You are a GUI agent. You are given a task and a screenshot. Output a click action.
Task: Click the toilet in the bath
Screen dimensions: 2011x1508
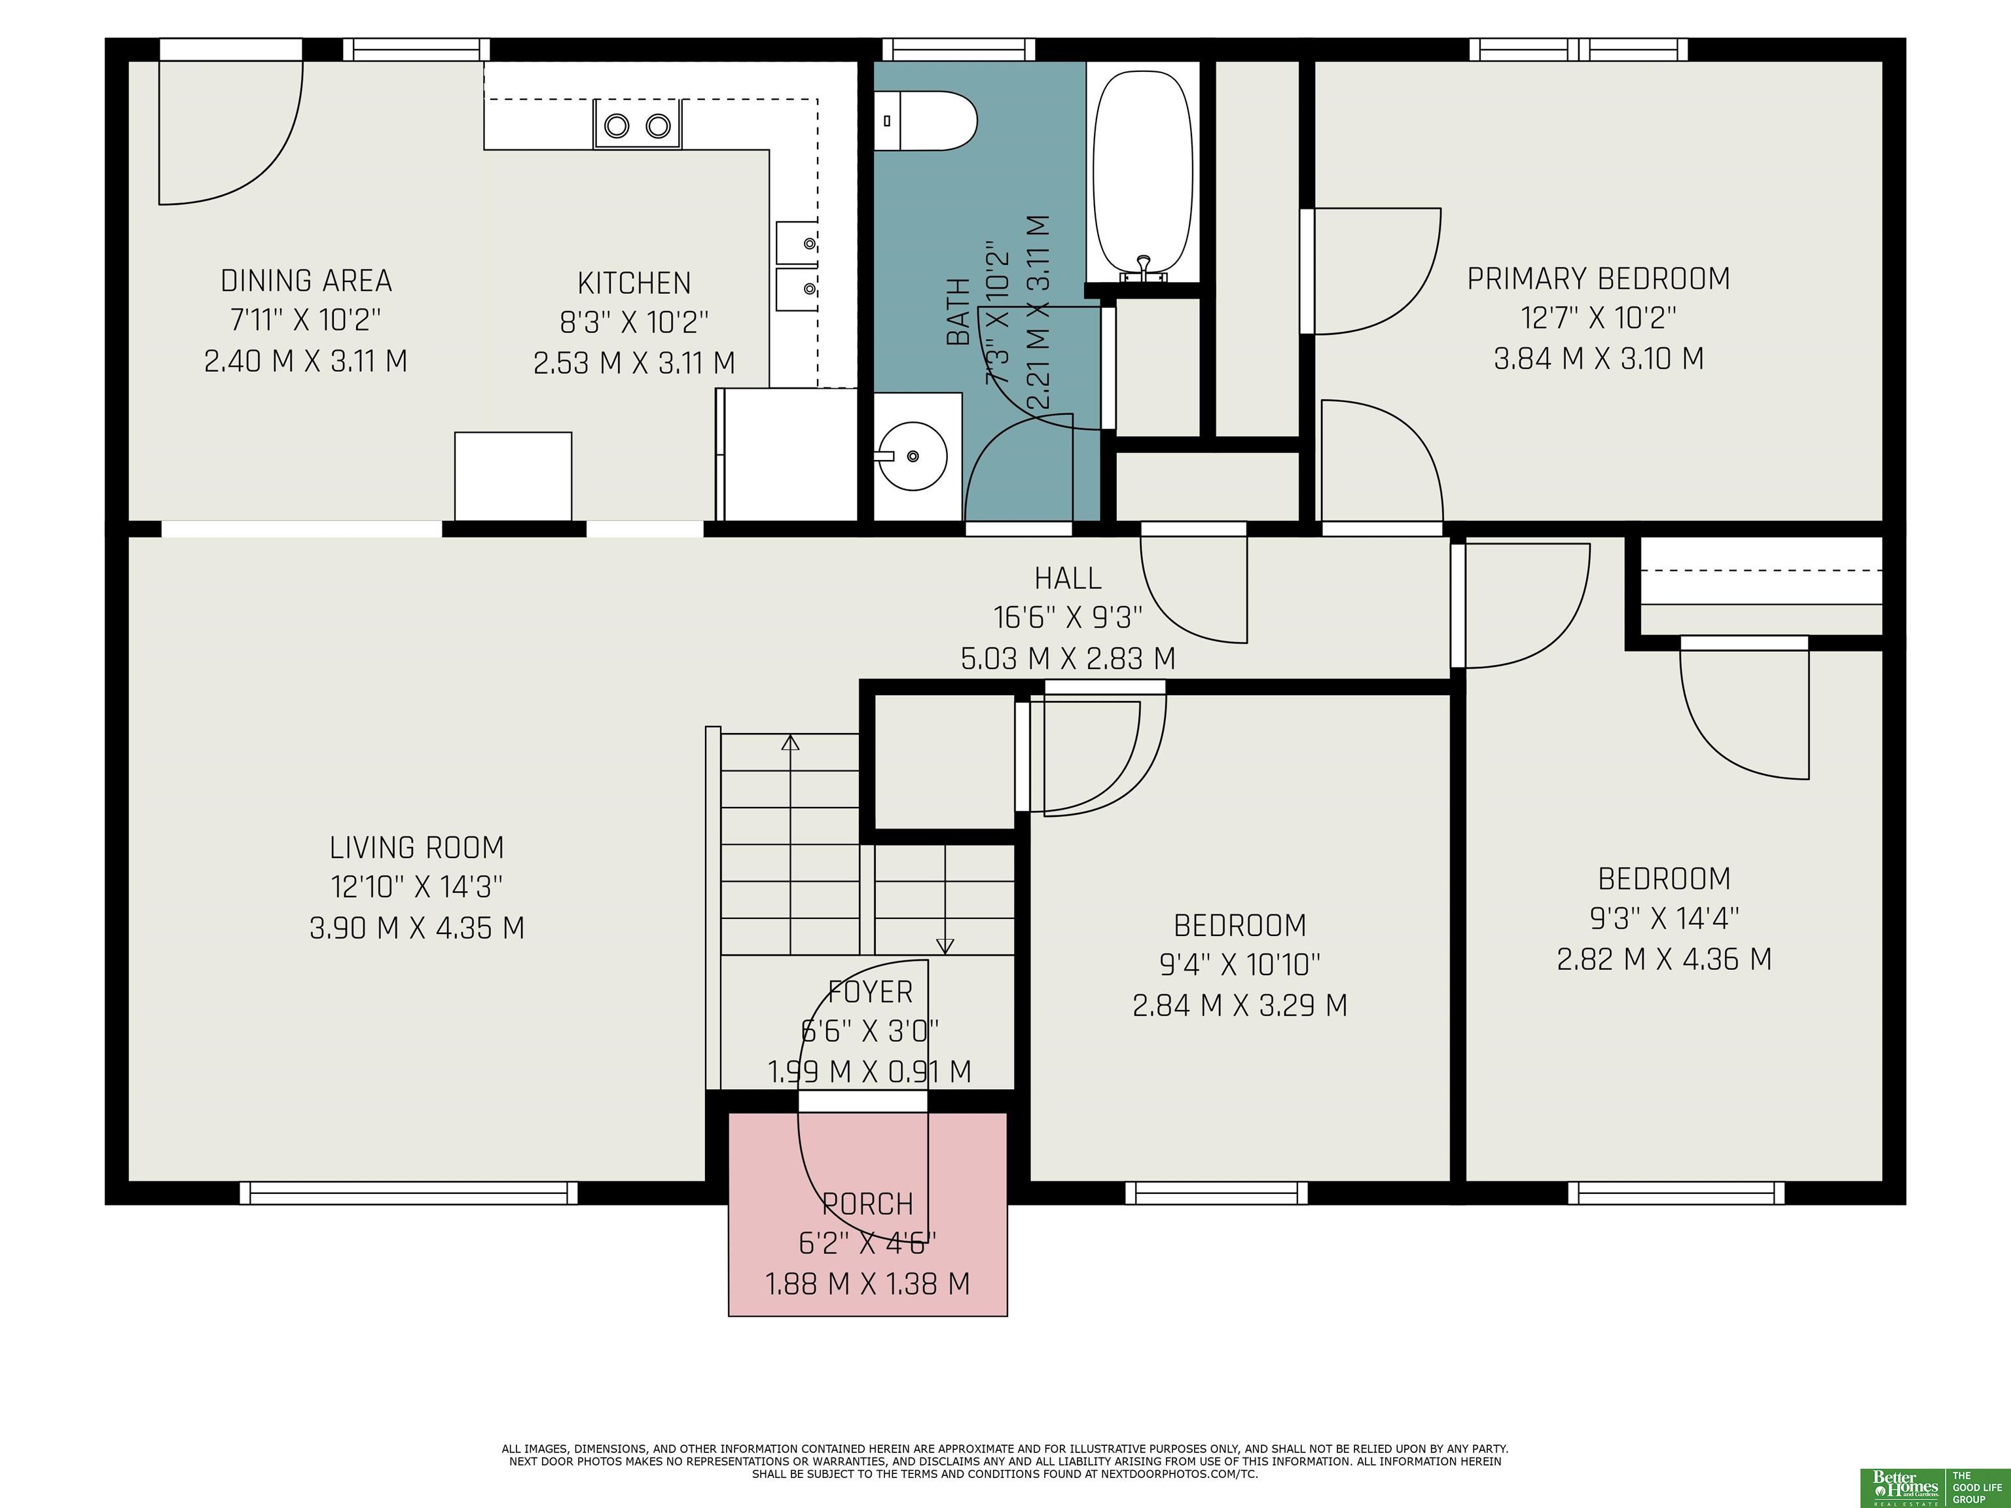pyautogui.click(x=926, y=121)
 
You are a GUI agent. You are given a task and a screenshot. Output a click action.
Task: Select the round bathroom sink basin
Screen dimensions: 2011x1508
pyautogui.click(x=912, y=456)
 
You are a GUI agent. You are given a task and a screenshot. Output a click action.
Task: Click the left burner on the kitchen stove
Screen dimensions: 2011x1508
pyautogui.click(x=617, y=126)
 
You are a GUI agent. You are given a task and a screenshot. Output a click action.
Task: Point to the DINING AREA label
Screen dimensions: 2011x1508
pyautogui.click(x=306, y=281)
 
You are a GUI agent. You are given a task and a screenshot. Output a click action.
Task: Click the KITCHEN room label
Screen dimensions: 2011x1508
pyautogui.click(x=634, y=283)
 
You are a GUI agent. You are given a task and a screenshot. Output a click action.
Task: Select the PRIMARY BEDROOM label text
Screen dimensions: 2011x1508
pyautogui.click(x=1599, y=279)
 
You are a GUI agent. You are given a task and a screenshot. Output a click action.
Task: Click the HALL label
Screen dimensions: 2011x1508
pyautogui.click(x=1068, y=578)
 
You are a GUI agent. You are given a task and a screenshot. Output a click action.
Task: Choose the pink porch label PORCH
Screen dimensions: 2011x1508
pyautogui.click(x=868, y=1204)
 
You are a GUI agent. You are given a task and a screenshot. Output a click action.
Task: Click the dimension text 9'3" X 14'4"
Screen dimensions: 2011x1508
pyautogui.click(x=1665, y=919)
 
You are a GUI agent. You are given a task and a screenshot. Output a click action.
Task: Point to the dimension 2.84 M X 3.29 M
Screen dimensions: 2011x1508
pyautogui.click(x=1240, y=1006)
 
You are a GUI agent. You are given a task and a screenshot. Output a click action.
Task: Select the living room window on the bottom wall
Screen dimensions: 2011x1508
pyautogui.click(x=408, y=1193)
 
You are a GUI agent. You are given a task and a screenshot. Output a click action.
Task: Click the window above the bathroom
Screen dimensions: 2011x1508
pyautogui.click(x=959, y=49)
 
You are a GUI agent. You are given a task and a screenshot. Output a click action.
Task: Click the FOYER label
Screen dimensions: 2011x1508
pyautogui.click(x=870, y=992)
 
